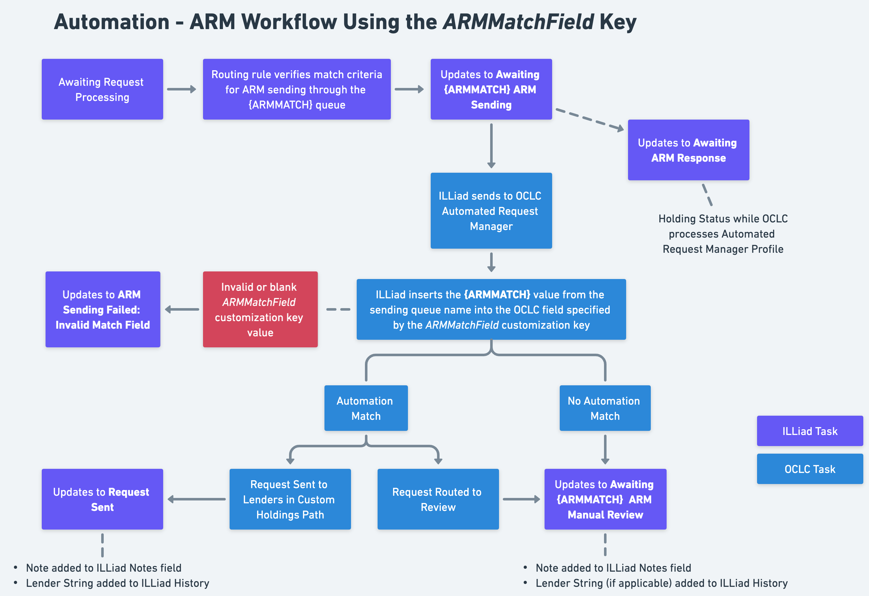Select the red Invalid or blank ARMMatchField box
click(x=260, y=309)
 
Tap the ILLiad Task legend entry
click(x=810, y=431)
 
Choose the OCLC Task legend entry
click(x=810, y=469)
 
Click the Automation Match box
click(x=366, y=408)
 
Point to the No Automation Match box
click(x=605, y=408)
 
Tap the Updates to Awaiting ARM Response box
click(x=688, y=150)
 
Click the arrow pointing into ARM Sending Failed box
click(x=182, y=309)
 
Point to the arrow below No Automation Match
click(x=605, y=449)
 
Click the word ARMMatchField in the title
click(x=518, y=22)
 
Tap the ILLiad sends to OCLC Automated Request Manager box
click(x=491, y=211)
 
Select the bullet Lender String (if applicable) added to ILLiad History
click(x=661, y=583)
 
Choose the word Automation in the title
click(x=111, y=22)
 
